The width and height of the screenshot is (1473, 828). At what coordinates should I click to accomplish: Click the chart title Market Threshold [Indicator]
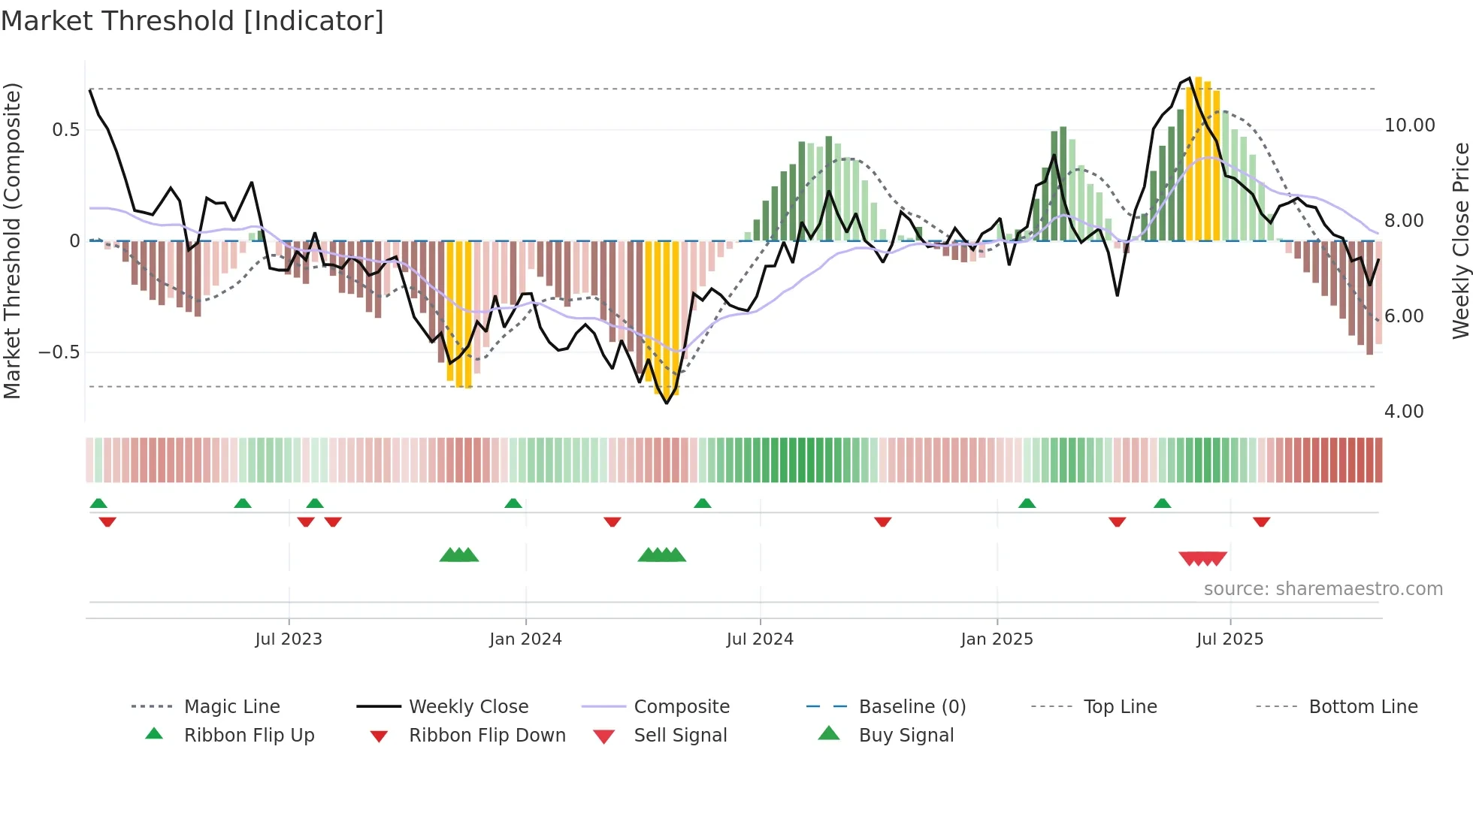click(x=192, y=21)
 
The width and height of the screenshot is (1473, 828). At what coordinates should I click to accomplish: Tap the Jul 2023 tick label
click(x=289, y=639)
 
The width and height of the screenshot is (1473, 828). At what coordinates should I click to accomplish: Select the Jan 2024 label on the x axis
click(x=525, y=639)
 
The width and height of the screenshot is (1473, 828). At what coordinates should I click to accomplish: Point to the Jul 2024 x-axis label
click(x=760, y=639)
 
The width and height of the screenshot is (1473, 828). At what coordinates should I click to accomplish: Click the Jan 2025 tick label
click(x=997, y=639)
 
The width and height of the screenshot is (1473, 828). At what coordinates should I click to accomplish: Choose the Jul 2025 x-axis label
click(x=1230, y=639)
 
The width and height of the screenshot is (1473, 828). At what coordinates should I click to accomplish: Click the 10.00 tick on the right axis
click(x=1409, y=125)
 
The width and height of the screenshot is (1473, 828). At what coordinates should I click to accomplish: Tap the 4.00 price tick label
click(x=1403, y=412)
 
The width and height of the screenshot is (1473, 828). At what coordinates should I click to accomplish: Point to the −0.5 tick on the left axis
click(x=59, y=352)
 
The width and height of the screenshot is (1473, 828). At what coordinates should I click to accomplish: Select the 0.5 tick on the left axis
click(x=65, y=130)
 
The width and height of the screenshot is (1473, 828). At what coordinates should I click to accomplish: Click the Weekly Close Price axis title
click(x=1460, y=240)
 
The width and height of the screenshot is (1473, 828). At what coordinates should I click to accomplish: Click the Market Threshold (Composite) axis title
click(x=12, y=240)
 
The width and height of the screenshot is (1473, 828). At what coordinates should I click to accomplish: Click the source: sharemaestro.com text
click(x=1323, y=589)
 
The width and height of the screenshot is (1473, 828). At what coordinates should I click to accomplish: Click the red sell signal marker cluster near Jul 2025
click(x=1202, y=558)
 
